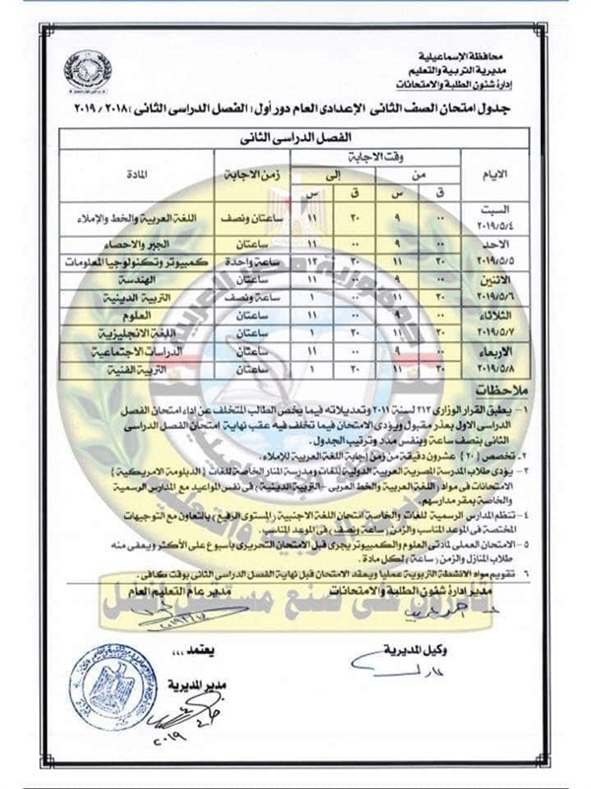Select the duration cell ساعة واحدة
click(236, 261)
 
